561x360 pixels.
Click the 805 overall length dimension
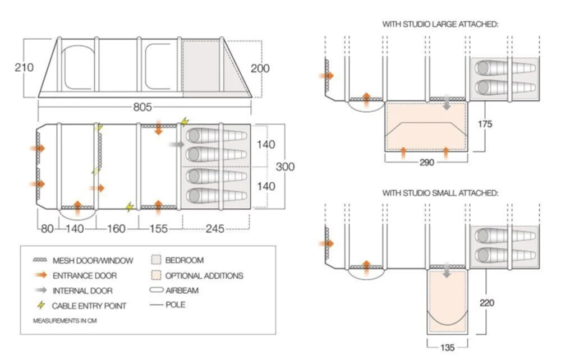(143, 106)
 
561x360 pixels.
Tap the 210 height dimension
(24, 67)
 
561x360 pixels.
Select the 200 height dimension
(260, 68)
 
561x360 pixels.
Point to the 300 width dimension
(285, 167)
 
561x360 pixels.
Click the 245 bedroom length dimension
(215, 228)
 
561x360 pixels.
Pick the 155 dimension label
(160, 228)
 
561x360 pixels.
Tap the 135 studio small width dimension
(447, 348)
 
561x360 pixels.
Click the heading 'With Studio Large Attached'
(440, 24)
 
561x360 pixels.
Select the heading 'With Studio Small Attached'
(440, 193)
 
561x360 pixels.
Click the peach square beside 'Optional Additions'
(156, 275)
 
